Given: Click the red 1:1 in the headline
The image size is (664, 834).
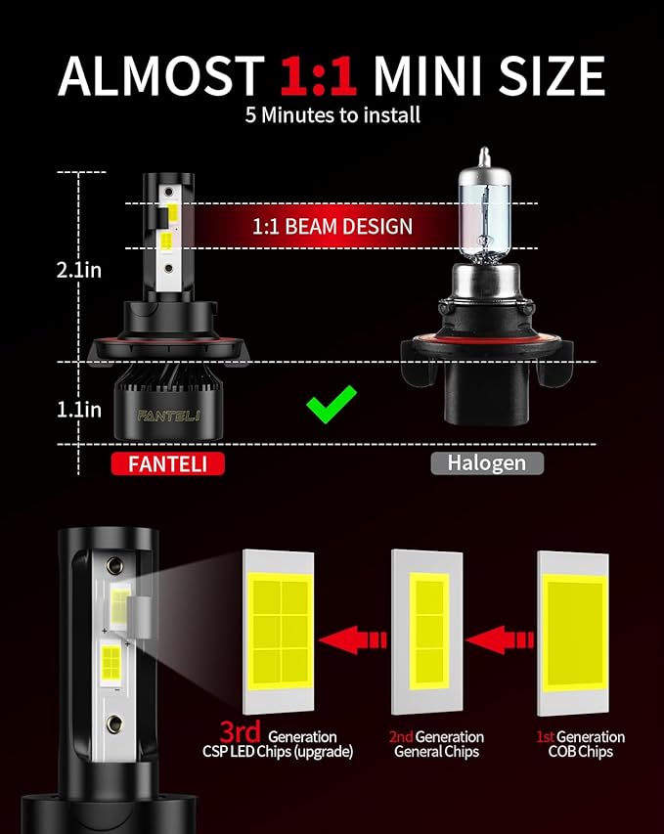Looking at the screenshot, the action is click(x=318, y=75).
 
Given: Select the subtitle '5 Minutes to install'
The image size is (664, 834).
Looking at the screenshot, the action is click(x=332, y=115).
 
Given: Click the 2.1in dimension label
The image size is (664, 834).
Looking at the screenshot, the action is click(x=79, y=270).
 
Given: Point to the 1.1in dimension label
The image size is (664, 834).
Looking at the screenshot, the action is click(x=79, y=410).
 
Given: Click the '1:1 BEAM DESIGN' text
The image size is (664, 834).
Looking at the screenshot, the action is click(x=332, y=227).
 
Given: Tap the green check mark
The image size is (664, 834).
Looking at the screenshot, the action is click(x=332, y=404).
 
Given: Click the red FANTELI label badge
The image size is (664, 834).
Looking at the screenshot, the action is click(x=167, y=463).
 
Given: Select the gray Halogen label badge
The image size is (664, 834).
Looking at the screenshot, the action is click(x=487, y=462).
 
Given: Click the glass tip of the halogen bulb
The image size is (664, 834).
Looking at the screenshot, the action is click(x=484, y=156).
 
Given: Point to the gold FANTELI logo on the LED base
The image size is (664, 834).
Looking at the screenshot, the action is click(x=168, y=416).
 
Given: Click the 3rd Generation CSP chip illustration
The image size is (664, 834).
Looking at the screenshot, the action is click(x=279, y=632).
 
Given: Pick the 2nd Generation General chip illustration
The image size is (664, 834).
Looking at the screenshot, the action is click(x=426, y=632).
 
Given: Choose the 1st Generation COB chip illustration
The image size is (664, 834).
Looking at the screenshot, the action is click(x=573, y=633).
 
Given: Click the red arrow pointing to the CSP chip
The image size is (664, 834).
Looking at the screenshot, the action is click(x=353, y=639).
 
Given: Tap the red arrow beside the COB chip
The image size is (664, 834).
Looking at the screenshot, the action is click(x=500, y=639).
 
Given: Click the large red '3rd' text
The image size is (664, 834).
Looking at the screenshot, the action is click(x=240, y=731).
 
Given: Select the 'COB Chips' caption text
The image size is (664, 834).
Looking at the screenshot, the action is click(x=581, y=752).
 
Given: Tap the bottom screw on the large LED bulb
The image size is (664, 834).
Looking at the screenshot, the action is click(x=113, y=724).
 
